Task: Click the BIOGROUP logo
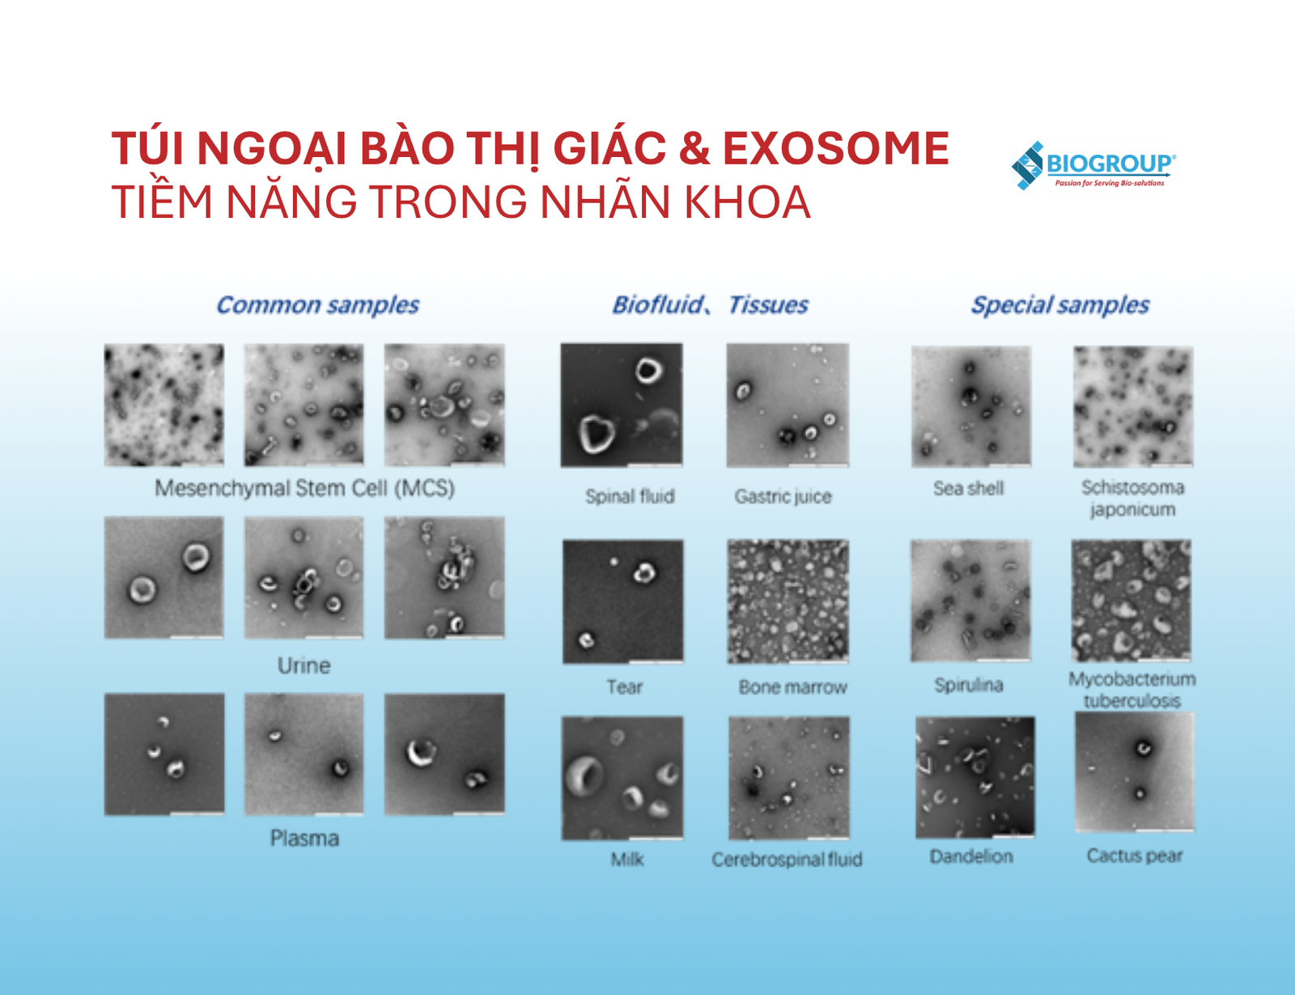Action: coord(1093,165)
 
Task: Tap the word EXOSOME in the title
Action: coord(835,148)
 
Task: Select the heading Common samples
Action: coord(317,304)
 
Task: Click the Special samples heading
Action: coord(1060,304)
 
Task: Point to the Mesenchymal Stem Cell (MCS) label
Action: coord(304,488)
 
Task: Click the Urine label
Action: coord(304,665)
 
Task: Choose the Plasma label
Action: coord(304,838)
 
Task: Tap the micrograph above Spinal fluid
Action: coord(622,405)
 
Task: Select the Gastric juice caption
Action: coord(783,496)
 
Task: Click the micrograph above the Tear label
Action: coord(622,602)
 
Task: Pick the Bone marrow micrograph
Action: coord(788,602)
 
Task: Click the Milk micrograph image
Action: coord(622,778)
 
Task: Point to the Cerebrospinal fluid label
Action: coord(787,859)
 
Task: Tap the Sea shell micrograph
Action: coord(970,406)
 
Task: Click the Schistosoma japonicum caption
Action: coord(1132,499)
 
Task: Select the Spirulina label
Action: coord(969,685)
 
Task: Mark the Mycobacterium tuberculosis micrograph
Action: coord(1132,601)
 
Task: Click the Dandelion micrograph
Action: coord(975,777)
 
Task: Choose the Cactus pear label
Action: coord(1135,856)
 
